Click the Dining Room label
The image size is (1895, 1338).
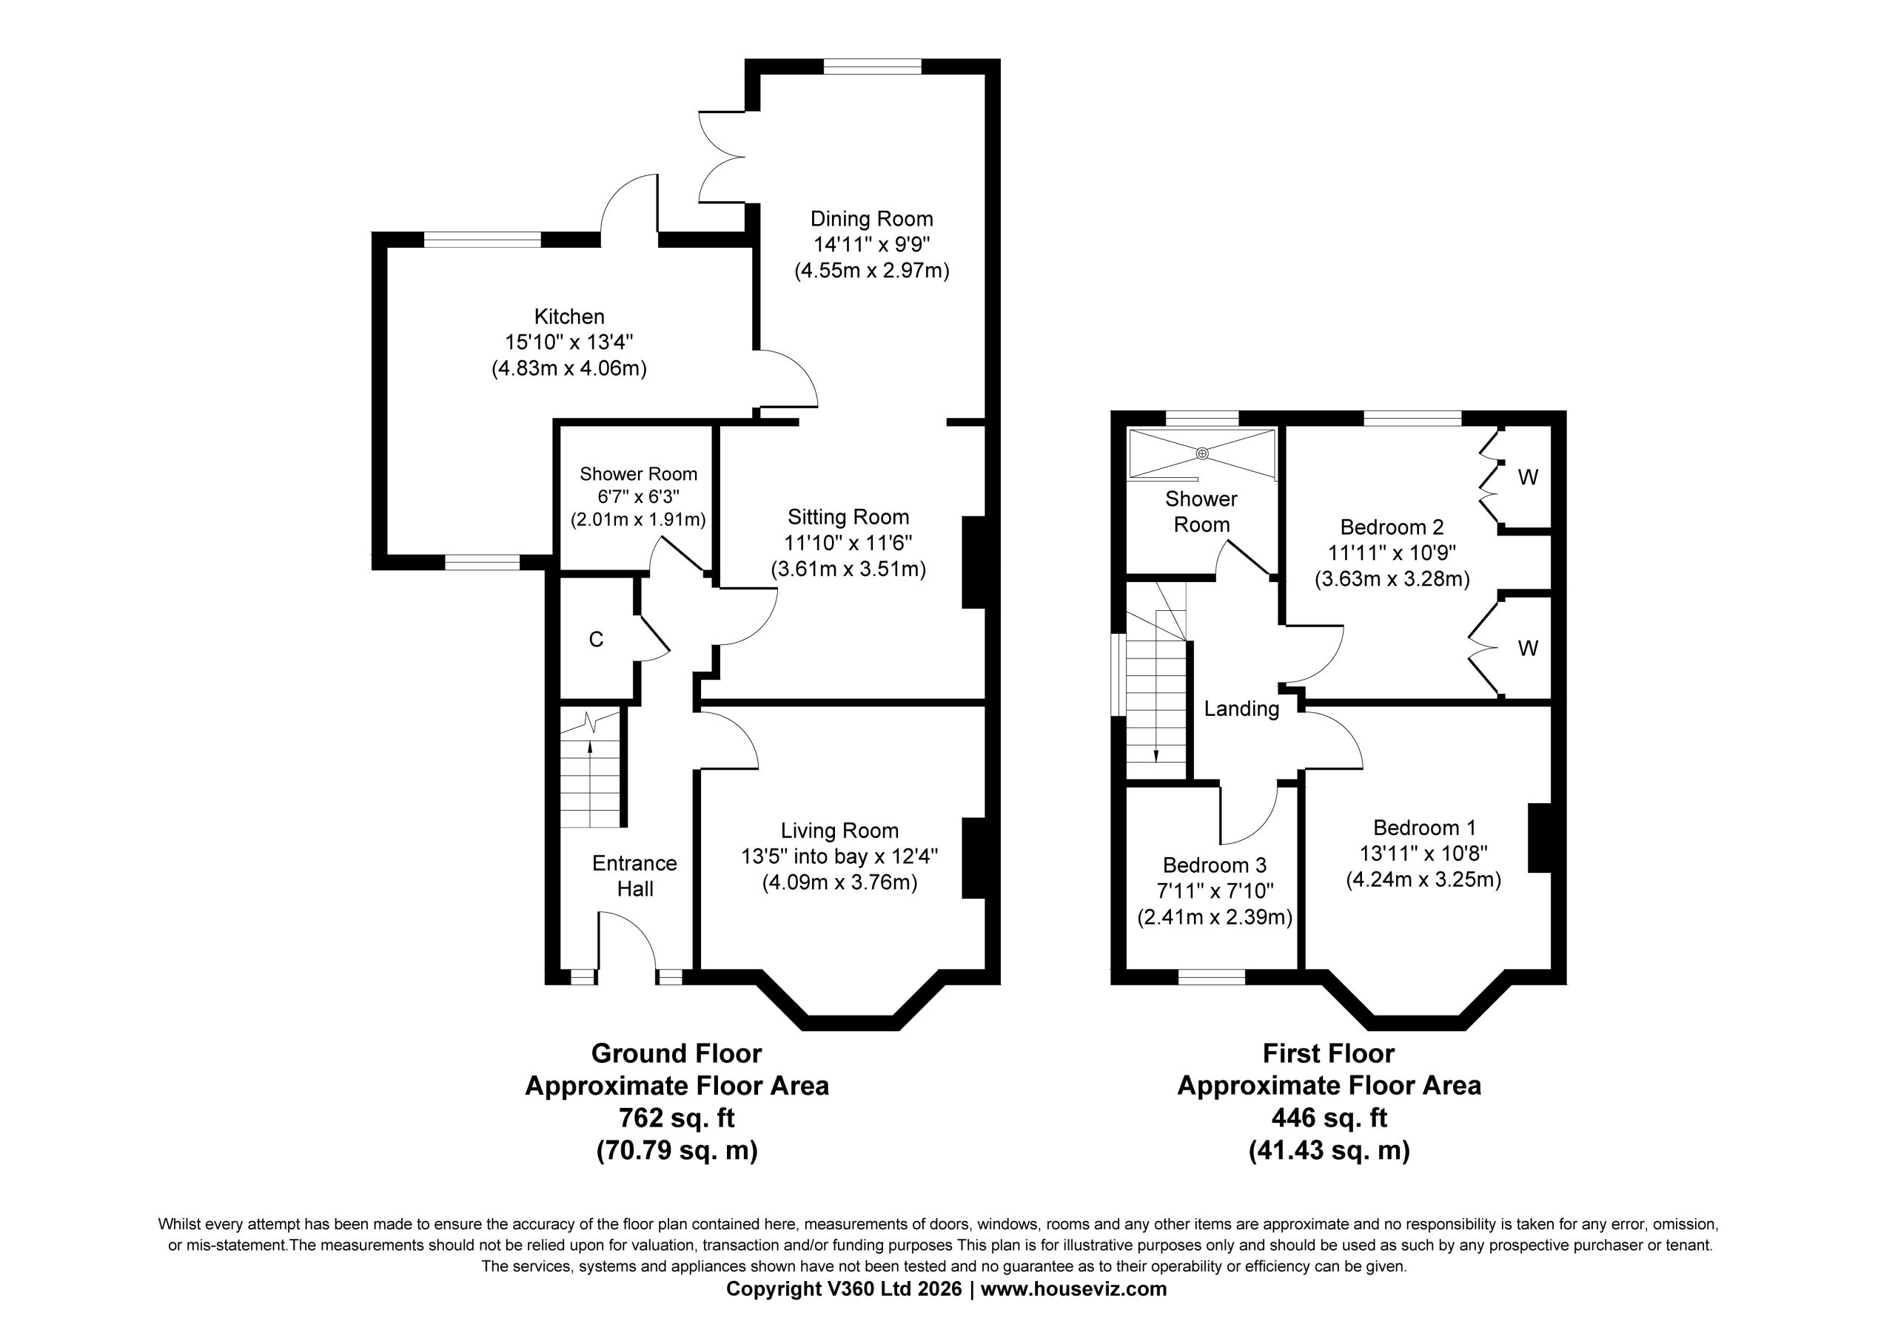[x=871, y=219]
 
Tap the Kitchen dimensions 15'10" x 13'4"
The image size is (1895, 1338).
[x=569, y=342]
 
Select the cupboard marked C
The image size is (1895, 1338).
[x=596, y=639]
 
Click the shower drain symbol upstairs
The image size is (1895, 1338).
[x=1201, y=453]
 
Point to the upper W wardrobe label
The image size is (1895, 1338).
[x=1528, y=478]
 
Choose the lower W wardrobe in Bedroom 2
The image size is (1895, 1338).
[x=1527, y=649]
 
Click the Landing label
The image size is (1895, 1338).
[x=1241, y=709]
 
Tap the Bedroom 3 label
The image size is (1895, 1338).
[x=1215, y=865]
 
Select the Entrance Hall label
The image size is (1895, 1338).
[x=634, y=876]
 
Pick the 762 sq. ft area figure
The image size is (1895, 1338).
[x=677, y=1118]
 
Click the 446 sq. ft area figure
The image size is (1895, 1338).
[x=1329, y=1118]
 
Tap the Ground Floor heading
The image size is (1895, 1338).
[x=677, y=1053]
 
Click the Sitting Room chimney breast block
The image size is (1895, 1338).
[x=975, y=563]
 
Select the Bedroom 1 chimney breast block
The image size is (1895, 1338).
[x=1540, y=837]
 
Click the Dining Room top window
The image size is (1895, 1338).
[x=873, y=67]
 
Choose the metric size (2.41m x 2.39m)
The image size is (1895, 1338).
[x=1215, y=917]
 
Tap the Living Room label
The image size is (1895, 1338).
[x=840, y=831]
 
